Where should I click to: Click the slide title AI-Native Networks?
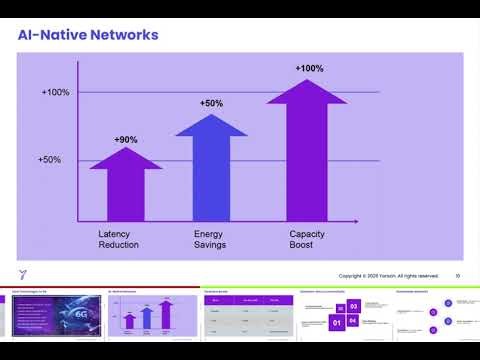(88, 35)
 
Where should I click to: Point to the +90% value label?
(127, 139)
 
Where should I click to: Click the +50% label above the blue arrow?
(211, 104)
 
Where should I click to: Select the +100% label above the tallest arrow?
(309, 68)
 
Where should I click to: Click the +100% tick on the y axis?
(55, 93)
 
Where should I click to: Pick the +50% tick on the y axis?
(50, 160)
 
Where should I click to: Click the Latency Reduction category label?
(118, 240)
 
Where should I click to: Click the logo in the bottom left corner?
(23, 275)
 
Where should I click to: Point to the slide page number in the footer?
(457, 276)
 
